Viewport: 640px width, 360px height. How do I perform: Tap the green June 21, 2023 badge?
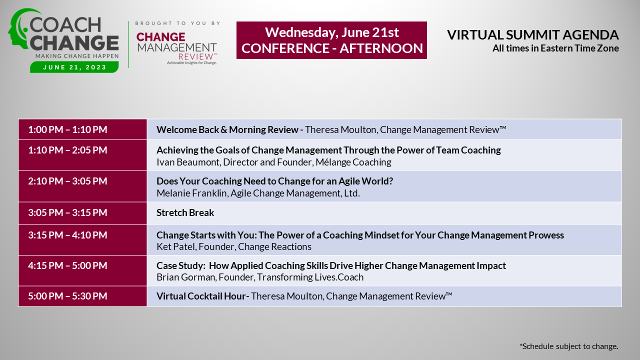(x=74, y=67)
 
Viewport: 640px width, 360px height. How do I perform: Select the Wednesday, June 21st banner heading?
(x=331, y=32)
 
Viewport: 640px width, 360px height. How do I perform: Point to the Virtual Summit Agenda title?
(x=533, y=35)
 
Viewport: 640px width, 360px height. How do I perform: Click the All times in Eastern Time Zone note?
(x=555, y=48)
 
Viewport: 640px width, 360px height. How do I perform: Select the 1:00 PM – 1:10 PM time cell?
(x=82, y=129)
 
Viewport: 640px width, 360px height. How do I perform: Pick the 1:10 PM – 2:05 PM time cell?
(x=82, y=155)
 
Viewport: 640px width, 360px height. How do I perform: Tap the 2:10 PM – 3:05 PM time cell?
(x=82, y=186)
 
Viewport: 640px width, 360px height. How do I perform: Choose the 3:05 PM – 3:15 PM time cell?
(x=82, y=213)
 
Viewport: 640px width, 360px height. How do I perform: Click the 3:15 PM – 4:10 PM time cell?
(x=82, y=239)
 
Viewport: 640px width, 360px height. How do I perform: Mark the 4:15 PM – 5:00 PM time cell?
(x=82, y=270)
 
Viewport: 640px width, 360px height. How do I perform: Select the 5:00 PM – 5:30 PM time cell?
(x=82, y=296)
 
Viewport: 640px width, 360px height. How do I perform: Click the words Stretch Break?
(x=185, y=213)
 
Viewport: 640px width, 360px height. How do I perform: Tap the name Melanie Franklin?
(x=192, y=193)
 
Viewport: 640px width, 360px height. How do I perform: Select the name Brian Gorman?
(x=186, y=277)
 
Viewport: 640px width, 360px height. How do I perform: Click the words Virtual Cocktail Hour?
(x=201, y=296)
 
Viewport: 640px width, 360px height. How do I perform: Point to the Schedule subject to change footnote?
(x=568, y=346)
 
